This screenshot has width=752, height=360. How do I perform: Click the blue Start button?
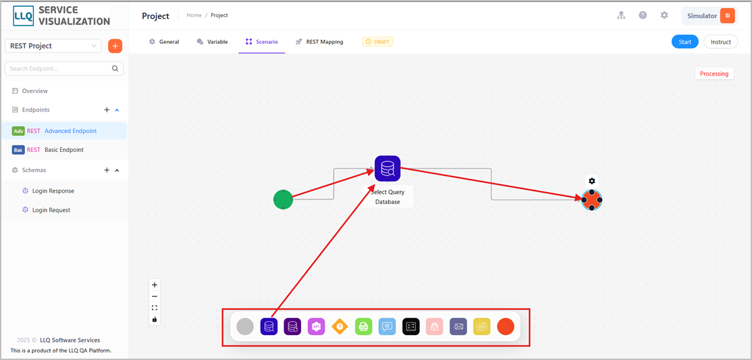(x=685, y=42)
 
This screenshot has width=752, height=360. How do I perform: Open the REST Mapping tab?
(x=319, y=42)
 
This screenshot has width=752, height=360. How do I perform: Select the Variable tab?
(x=212, y=42)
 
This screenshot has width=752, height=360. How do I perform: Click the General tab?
(x=164, y=42)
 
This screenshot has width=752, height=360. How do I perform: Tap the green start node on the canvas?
(x=283, y=199)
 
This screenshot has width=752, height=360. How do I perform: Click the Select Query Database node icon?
(x=387, y=168)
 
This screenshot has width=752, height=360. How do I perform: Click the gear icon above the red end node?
(x=592, y=181)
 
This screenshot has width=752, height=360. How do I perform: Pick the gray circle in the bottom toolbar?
(x=245, y=326)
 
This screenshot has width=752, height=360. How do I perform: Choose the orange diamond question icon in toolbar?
(x=340, y=326)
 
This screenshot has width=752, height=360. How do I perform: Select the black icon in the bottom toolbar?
(x=410, y=326)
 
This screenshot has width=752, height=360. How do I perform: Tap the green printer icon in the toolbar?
(x=364, y=326)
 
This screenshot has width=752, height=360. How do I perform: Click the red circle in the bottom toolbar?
(x=506, y=326)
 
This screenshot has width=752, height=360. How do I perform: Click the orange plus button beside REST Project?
(x=115, y=46)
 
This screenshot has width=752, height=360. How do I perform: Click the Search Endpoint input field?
(x=63, y=69)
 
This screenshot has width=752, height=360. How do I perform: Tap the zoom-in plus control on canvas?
(x=155, y=284)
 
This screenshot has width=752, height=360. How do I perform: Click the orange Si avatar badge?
(x=728, y=16)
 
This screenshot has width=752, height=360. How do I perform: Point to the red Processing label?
(x=714, y=74)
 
